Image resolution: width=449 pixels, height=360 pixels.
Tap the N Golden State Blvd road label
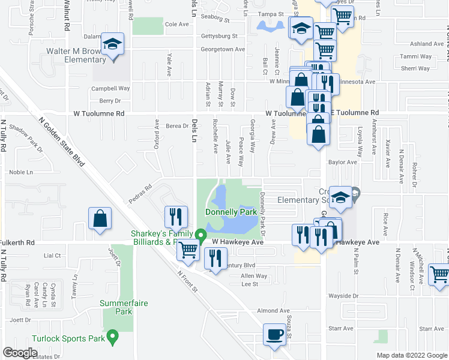tap(65, 145)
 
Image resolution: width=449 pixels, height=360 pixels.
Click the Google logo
tap(20, 353)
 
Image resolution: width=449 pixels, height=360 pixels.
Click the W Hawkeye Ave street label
tap(238, 242)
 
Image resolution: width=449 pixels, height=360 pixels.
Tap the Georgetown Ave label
tap(223, 49)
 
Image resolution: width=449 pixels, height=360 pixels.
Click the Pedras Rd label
tap(142, 190)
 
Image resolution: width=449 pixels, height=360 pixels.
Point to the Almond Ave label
tap(273, 310)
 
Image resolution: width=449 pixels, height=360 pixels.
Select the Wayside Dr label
tap(343, 296)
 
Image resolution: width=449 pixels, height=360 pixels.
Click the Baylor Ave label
tap(342, 162)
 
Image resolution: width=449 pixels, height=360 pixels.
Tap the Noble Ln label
tap(21, 172)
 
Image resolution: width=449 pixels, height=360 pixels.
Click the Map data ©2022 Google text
tap(411, 355)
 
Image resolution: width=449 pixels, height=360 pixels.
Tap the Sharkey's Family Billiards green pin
tap(202, 235)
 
